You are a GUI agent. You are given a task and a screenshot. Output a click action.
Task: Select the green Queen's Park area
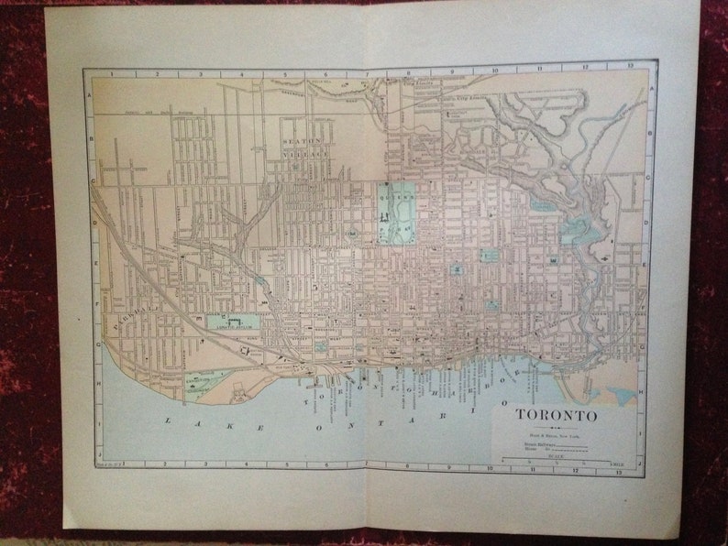coord(394,211)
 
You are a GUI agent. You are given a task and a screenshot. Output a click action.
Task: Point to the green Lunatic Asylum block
coord(233,322)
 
